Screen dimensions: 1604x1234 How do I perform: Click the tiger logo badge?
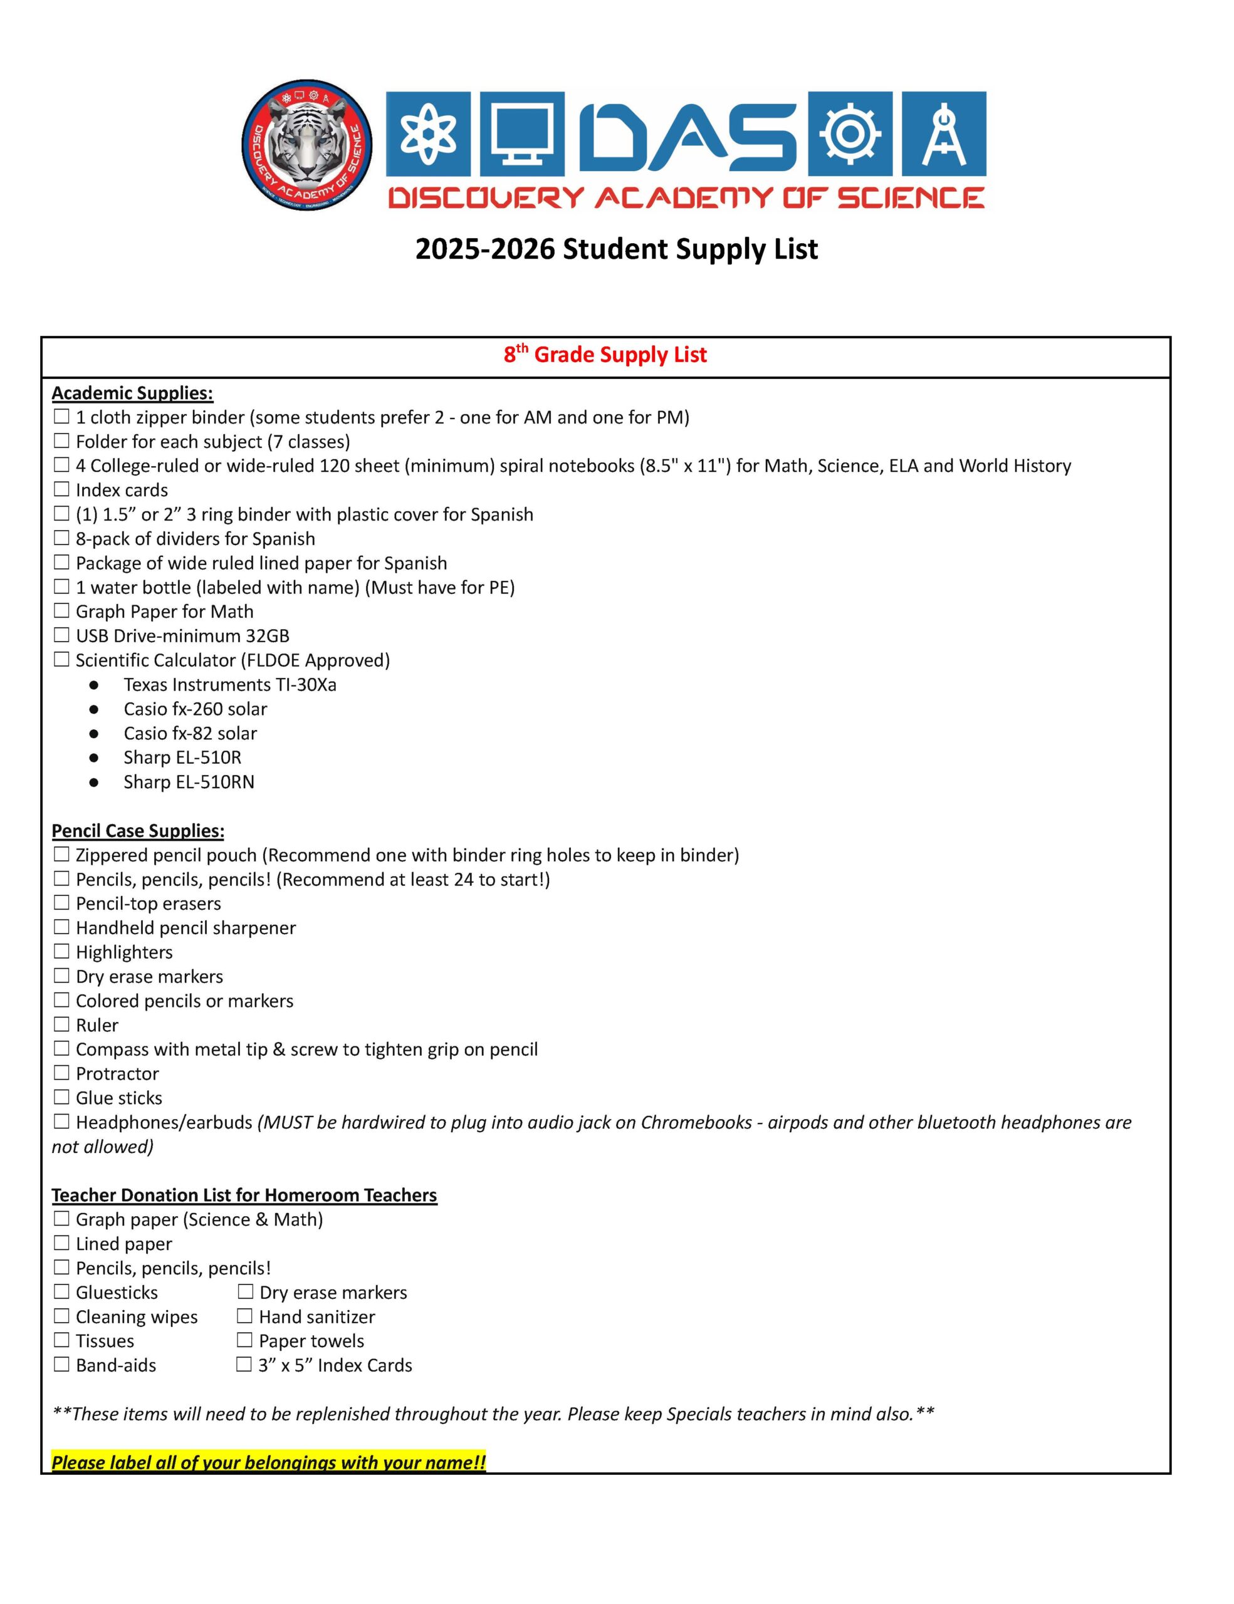coord(307,145)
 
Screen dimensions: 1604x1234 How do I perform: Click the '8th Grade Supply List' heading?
coord(605,355)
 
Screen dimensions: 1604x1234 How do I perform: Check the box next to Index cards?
coord(61,489)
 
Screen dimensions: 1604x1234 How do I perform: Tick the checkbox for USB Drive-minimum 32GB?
coord(61,635)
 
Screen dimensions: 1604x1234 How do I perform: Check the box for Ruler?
coord(61,1024)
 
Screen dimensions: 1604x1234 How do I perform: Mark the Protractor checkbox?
coord(61,1073)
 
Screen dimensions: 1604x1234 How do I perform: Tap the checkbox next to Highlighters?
coord(61,952)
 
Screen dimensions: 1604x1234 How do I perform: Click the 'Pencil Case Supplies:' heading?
coord(138,831)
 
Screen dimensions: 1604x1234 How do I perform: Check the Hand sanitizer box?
coord(244,1316)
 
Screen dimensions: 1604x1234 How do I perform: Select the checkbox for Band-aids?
coord(61,1365)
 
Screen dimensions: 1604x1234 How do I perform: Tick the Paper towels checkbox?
coord(244,1340)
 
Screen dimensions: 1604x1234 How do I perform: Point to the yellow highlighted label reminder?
coord(269,1462)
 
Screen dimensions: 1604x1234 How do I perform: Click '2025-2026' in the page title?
coord(485,250)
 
